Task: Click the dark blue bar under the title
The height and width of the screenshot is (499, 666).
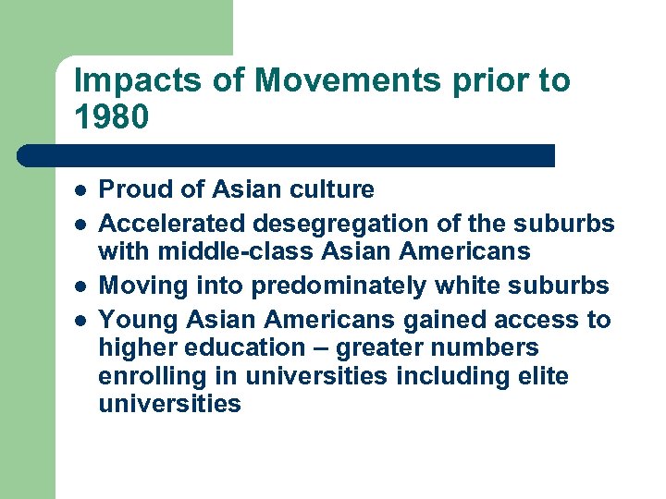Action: coord(287,155)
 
